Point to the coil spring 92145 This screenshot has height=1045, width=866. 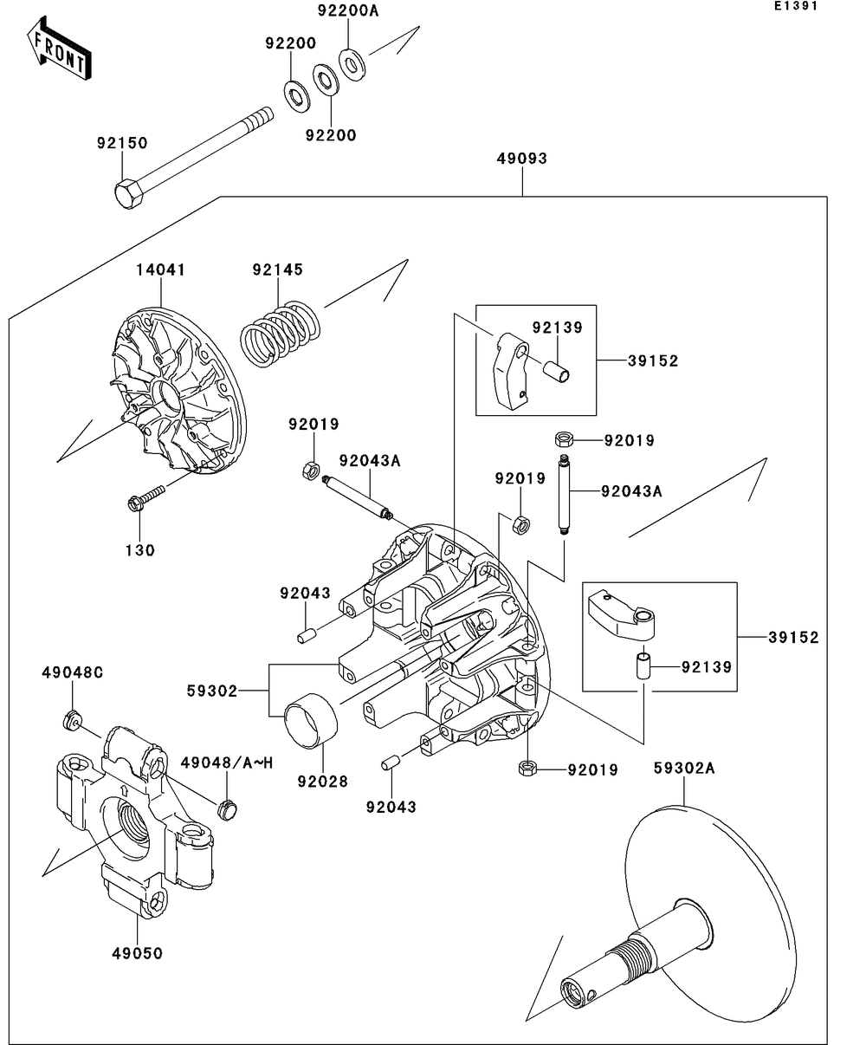[x=279, y=331]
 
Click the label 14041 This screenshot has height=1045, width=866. [x=159, y=269]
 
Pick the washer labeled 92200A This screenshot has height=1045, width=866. [x=352, y=63]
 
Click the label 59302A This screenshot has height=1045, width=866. [x=684, y=768]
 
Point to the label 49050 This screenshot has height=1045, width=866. [x=137, y=953]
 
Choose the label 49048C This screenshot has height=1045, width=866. [x=73, y=672]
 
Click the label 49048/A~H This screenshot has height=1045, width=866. [x=227, y=763]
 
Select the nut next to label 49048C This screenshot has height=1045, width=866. [x=72, y=720]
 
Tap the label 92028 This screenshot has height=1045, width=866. [x=322, y=781]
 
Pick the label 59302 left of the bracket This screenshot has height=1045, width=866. [x=211, y=691]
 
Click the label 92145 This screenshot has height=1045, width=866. [x=277, y=269]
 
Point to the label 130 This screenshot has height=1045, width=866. [x=139, y=550]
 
